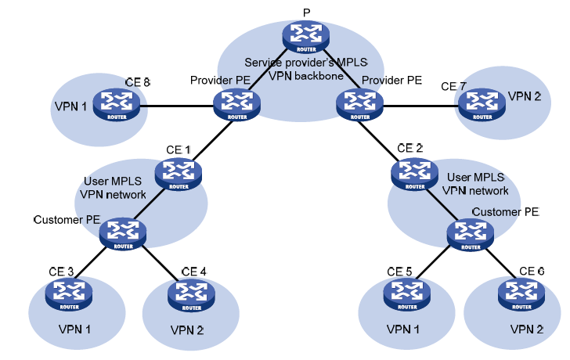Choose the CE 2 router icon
pyautogui.click(x=414, y=172)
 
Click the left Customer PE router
pyautogui.click(x=123, y=232)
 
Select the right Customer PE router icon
pyautogui.click(x=470, y=232)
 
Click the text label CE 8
pyautogui.click(x=138, y=82)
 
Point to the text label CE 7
pyautogui.click(x=453, y=85)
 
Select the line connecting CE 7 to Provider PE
pyautogui.click(x=419, y=106)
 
